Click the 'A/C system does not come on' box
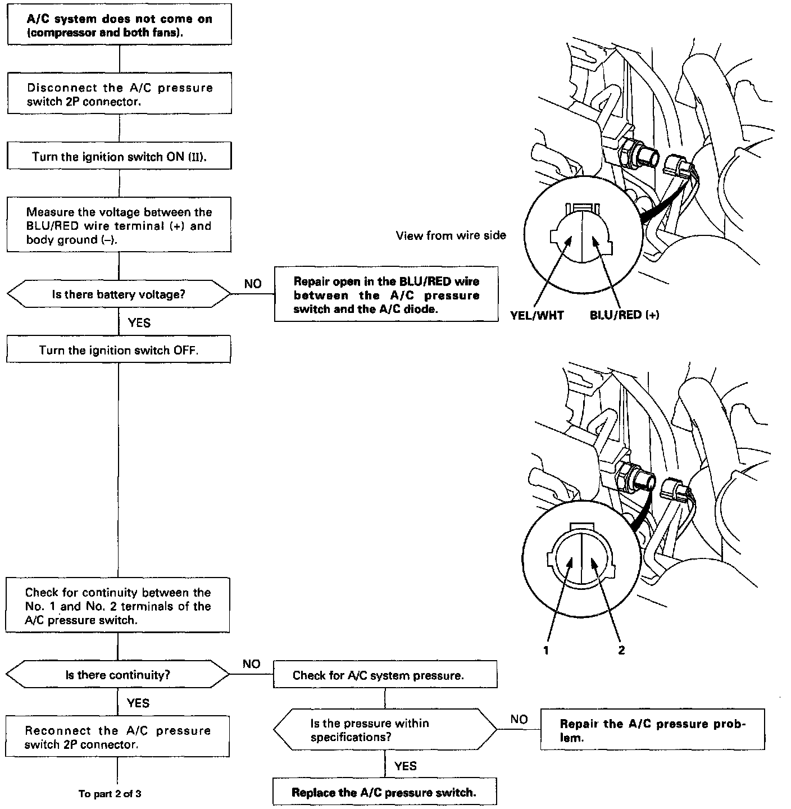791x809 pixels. pyautogui.click(x=119, y=26)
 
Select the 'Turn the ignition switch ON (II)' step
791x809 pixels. pyautogui.click(x=119, y=156)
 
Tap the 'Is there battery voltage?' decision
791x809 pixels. pyautogui.click(x=119, y=294)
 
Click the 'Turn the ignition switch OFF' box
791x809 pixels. pyautogui.click(x=119, y=350)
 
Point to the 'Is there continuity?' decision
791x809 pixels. pyautogui.click(x=118, y=674)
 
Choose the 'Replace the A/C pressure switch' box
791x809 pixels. pyautogui.click(x=384, y=792)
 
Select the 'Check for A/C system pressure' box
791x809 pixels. pyautogui.click(x=385, y=675)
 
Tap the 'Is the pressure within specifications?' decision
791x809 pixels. pyautogui.click(x=385, y=730)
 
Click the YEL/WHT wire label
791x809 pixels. pyautogui.click(x=537, y=315)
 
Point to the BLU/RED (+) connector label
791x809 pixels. pyautogui.click(x=624, y=315)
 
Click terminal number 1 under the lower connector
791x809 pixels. pyautogui.click(x=545, y=650)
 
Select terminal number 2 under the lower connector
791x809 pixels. pyautogui.click(x=621, y=650)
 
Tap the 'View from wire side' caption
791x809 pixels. pyautogui.click(x=451, y=235)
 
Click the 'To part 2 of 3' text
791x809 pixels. pyautogui.click(x=110, y=793)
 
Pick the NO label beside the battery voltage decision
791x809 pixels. pyautogui.click(x=253, y=284)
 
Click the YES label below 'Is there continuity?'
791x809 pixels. pyautogui.click(x=138, y=703)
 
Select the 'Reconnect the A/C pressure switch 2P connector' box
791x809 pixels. pyautogui.click(x=118, y=737)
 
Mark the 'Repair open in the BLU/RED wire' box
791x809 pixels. pyautogui.click(x=386, y=294)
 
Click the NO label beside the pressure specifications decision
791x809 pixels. pyautogui.click(x=519, y=719)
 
